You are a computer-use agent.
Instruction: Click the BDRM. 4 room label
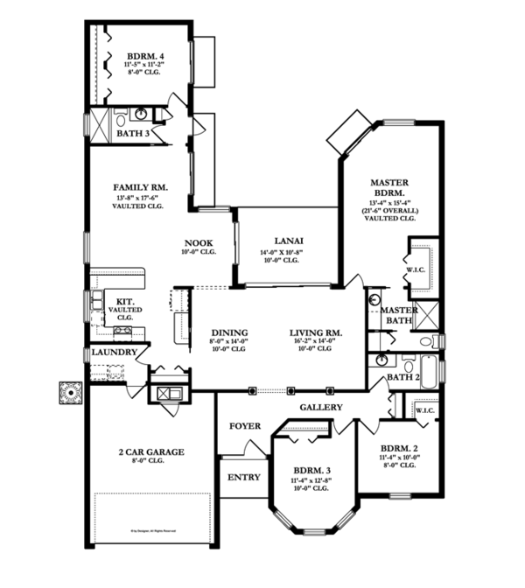(x=140, y=52)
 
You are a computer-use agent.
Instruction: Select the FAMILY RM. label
(x=140, y=186)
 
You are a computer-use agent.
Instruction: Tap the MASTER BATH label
(x=397, y=315)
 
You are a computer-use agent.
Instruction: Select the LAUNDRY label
(x=115, y=352)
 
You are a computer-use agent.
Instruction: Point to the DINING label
(x=228, y=332)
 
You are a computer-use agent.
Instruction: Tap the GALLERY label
(x=321, y=408)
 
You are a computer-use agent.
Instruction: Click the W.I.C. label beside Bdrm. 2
(x=425, y=409)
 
